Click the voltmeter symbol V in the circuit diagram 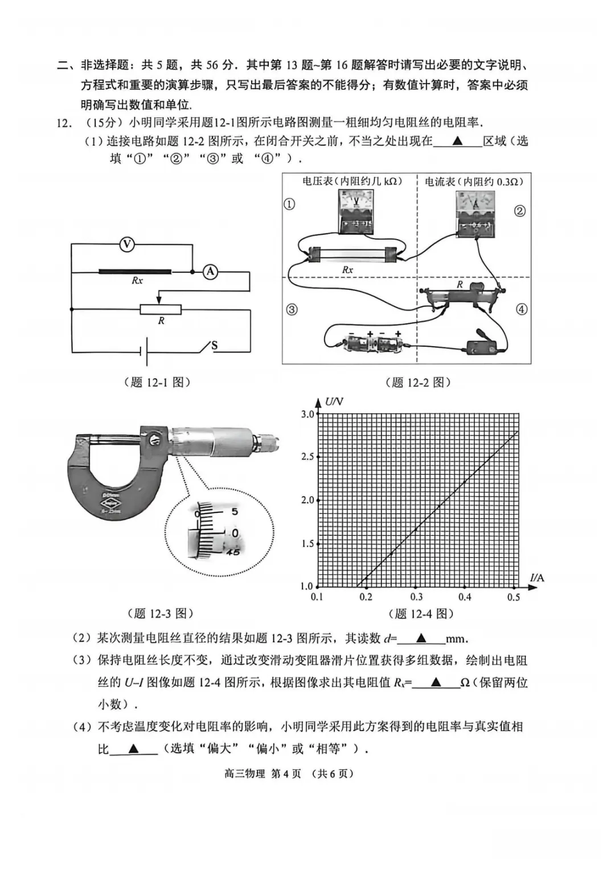point(127,245)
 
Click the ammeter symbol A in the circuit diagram point(211,272)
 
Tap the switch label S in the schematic point(215,345)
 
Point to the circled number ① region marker point(289,204)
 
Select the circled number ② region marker point(519,211)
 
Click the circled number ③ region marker point(292,310)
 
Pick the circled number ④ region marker point(522,310)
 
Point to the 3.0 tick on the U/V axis point(307,414)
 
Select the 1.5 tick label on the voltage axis point(307,544)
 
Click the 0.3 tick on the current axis point(416,597)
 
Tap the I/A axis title point(537,578)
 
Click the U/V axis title point(334,402)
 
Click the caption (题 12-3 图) point(161,613)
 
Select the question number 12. point(64,123)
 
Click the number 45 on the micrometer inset point(232,552)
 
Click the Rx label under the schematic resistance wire point(137,281)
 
